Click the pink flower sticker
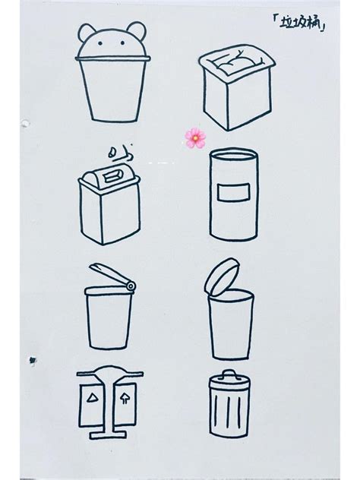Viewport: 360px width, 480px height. click(x=195, y=138)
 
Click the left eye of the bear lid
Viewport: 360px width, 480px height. click(x=100, y=44)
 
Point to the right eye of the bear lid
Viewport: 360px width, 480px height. click(x=122, y=43)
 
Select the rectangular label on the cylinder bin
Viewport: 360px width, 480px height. click(x=234, y=192)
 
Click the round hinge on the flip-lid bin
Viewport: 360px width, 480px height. click(x=131, y=286)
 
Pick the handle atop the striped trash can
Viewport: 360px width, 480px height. click(x=229, y=374)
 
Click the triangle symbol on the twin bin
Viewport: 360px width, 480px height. click(x=91, y=397)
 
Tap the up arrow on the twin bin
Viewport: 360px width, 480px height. click(x=125, y=398)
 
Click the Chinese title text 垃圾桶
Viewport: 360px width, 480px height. click(x=299, y=22)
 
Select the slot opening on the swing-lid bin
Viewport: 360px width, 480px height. click(x=112, y=176)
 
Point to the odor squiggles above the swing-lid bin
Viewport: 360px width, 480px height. click(x=120, y=154)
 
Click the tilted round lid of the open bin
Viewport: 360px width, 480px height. click(x=221, y=276)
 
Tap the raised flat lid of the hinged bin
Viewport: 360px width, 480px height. click(x=112, y=273)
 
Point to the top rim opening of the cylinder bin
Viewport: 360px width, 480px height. click(x=233, y=156)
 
